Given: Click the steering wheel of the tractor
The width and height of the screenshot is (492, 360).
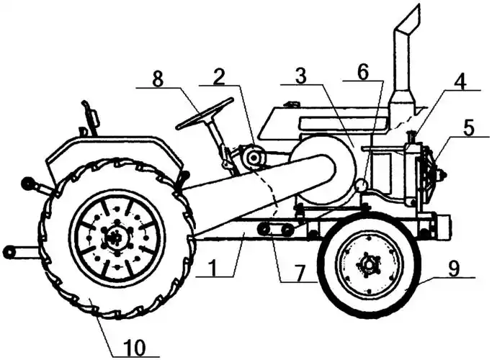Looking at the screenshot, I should click(x=205, y=113).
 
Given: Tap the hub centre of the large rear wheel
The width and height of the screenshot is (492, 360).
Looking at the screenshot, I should click(x=115, y=235).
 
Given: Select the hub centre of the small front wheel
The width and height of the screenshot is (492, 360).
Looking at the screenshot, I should click(x=368, y=265).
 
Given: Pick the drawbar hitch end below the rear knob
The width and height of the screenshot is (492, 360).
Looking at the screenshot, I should click(x=10, y=252).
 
